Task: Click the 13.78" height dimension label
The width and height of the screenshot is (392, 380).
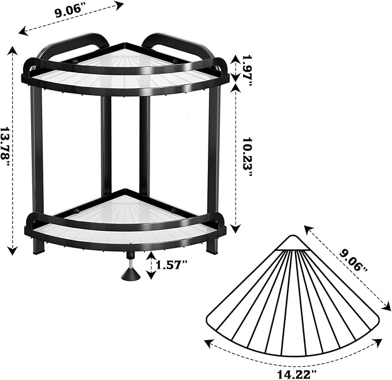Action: point(6,146)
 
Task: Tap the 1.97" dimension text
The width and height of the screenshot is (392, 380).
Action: point(247,70)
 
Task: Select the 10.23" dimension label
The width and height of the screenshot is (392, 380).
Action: point(248,157)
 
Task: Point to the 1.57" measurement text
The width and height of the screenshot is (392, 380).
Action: point(171,265)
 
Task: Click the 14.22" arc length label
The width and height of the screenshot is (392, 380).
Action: point(297,374)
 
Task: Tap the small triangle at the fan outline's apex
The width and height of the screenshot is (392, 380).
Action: point(292,243)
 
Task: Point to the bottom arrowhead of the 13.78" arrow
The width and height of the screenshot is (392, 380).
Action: point(13,251)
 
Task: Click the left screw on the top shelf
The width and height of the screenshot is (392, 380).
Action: point(76,61)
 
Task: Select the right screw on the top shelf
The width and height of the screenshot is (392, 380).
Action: point(174,61)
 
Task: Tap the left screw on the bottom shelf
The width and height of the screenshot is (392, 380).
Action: point(76,210)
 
